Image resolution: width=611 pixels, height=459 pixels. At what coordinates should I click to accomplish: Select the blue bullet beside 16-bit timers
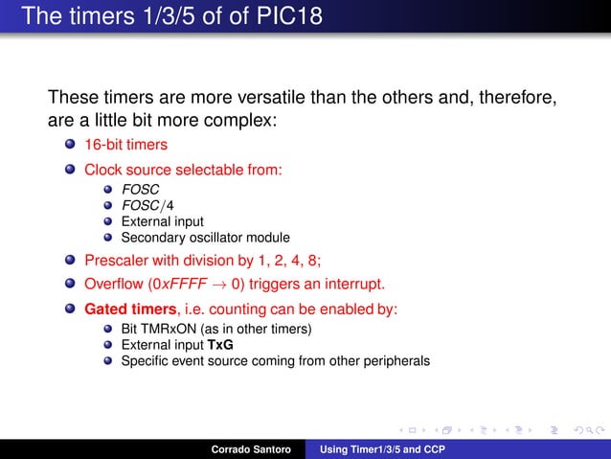[70, 145]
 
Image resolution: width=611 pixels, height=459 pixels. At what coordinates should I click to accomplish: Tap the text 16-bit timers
[125, 145]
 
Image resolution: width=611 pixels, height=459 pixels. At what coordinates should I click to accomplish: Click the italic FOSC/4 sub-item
[140, 205]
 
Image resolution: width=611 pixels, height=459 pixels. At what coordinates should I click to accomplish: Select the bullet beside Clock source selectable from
[70, 170]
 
